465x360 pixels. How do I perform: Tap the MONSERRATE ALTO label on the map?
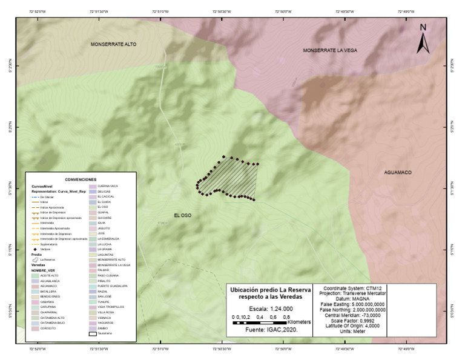[114, 44]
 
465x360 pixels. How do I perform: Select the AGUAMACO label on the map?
[397, 173]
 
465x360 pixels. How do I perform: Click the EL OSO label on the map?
[183, 215]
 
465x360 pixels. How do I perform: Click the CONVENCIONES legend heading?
[81, 180]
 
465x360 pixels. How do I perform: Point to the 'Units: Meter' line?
[352, 332]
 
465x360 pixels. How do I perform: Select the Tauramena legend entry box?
[93, 333]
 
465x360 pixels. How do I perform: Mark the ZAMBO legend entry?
[93, 328]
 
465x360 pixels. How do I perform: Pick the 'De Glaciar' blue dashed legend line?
[35, 197]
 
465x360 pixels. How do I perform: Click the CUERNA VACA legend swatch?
[93, 186]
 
